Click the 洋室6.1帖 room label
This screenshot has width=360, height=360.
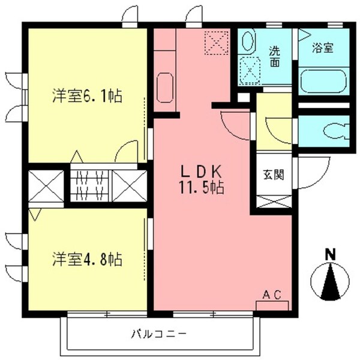pyautogui.click(x=87, y=95)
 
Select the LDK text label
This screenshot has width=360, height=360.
pyautogui.click(x=200, y=170)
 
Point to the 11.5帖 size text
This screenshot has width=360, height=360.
pyautogui.click(x=200, y=188)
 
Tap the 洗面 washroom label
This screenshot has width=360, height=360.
pyautogui.click(x=274, y=56)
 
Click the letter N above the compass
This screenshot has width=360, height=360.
pyautogui.click(x=329, y=254)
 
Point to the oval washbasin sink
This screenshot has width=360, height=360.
pyautogui.click(x=246, y=43)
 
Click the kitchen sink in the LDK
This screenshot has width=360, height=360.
pyautogui.click(x=164, y=88)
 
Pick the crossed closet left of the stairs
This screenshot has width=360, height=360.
pyautogui.click(x=46, y=186)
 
